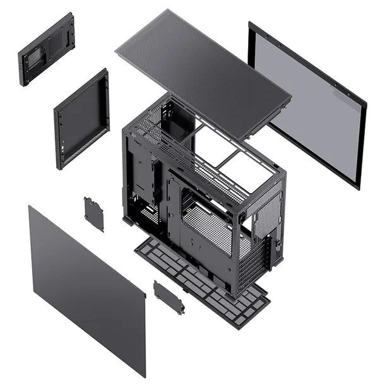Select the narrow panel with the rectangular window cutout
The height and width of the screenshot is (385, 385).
tap(46, 49)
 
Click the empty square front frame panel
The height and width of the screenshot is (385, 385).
tap(82, 120)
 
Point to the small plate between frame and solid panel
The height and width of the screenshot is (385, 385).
tap(94, 214)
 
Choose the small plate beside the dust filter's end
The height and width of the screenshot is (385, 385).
tap(169, 297)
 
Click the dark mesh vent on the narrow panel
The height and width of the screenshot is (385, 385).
tap(57, 41)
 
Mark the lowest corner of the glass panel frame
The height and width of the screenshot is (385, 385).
tap(357, 187)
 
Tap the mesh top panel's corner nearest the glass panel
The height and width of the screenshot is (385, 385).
tap(290, 99)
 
